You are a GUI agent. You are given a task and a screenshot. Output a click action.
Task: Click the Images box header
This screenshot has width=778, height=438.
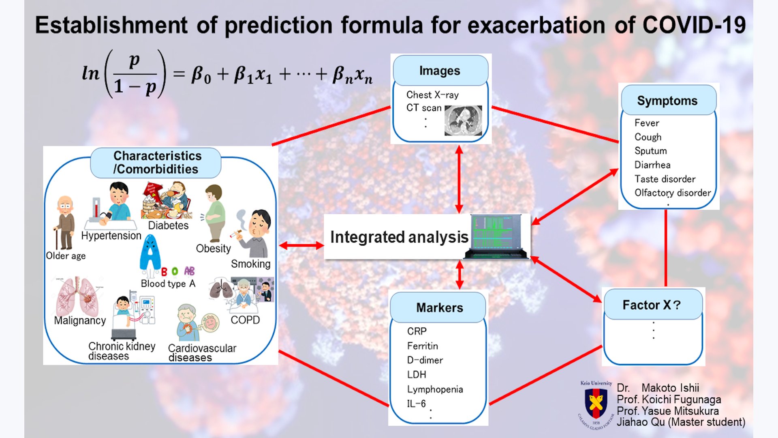pos(440,71)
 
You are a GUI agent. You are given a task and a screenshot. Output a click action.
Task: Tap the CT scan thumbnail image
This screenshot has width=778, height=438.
pos(463,120)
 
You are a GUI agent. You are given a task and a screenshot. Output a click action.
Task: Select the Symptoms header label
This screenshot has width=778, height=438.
pos(667,101)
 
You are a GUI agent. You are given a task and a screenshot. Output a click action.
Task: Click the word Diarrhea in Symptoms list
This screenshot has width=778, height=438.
pos(652,165)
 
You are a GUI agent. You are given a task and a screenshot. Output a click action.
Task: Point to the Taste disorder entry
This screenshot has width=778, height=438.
pos(665,179)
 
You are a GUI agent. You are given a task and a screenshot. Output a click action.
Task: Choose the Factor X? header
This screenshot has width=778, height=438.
pos(652,305)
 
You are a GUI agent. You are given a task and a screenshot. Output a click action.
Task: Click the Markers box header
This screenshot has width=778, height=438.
pos(439,307)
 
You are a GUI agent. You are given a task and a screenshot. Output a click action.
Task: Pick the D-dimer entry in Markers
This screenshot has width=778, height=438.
pos(425,360)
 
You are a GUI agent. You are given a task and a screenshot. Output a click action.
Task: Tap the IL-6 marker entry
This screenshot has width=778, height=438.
pos(417,404)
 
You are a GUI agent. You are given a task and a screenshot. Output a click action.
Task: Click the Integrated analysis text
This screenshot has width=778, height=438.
pos(399,237)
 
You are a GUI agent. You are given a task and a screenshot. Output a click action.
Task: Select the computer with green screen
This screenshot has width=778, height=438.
pos(497,237)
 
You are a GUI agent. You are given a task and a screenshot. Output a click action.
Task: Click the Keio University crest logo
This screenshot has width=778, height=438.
pos(596,404)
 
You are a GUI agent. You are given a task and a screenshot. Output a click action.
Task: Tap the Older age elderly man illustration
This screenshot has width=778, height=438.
pos(64,223)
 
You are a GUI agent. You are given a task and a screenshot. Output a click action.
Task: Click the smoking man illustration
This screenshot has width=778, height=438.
pos(253,233)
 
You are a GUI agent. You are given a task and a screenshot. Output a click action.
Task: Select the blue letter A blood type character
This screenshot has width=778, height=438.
pos(150,253)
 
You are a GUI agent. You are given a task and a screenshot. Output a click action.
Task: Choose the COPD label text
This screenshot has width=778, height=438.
pos(245,320)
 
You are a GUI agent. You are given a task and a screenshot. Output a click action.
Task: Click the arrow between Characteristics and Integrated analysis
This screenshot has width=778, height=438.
pos(301,245)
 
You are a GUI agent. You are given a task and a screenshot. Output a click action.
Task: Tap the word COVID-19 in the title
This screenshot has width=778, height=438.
pos(694,25)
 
